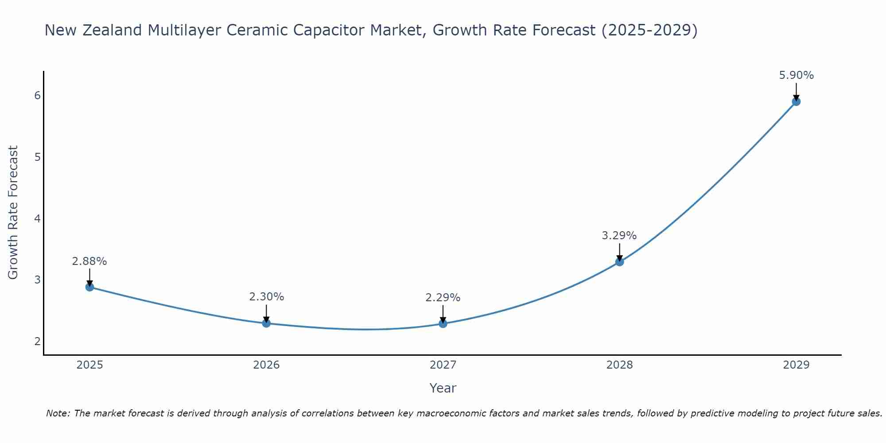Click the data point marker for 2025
[x=89, y=287]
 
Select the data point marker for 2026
[x=266, y=323]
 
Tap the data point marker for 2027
[x=443, y=324]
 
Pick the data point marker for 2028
[x=619, y=262]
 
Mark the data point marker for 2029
[x=796, y=101]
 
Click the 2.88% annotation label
[x=89, y=261]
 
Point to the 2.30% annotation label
[x=266, y=297]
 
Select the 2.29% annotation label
[x=443, y=298]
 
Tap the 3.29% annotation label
[x=619, y=236]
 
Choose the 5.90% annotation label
[x=796, y=75]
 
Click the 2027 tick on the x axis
[x=443, y=365]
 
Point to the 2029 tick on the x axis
[x=796, y=365]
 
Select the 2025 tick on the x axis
[x=89, y=365]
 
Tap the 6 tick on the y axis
[x=37, y=96]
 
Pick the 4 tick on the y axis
[x=37, y=218]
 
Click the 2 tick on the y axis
[x=37, y=341]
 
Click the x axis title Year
[x=443, y=388]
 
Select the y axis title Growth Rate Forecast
[x=13, y=213]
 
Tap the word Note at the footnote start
[x=57, y=413]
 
